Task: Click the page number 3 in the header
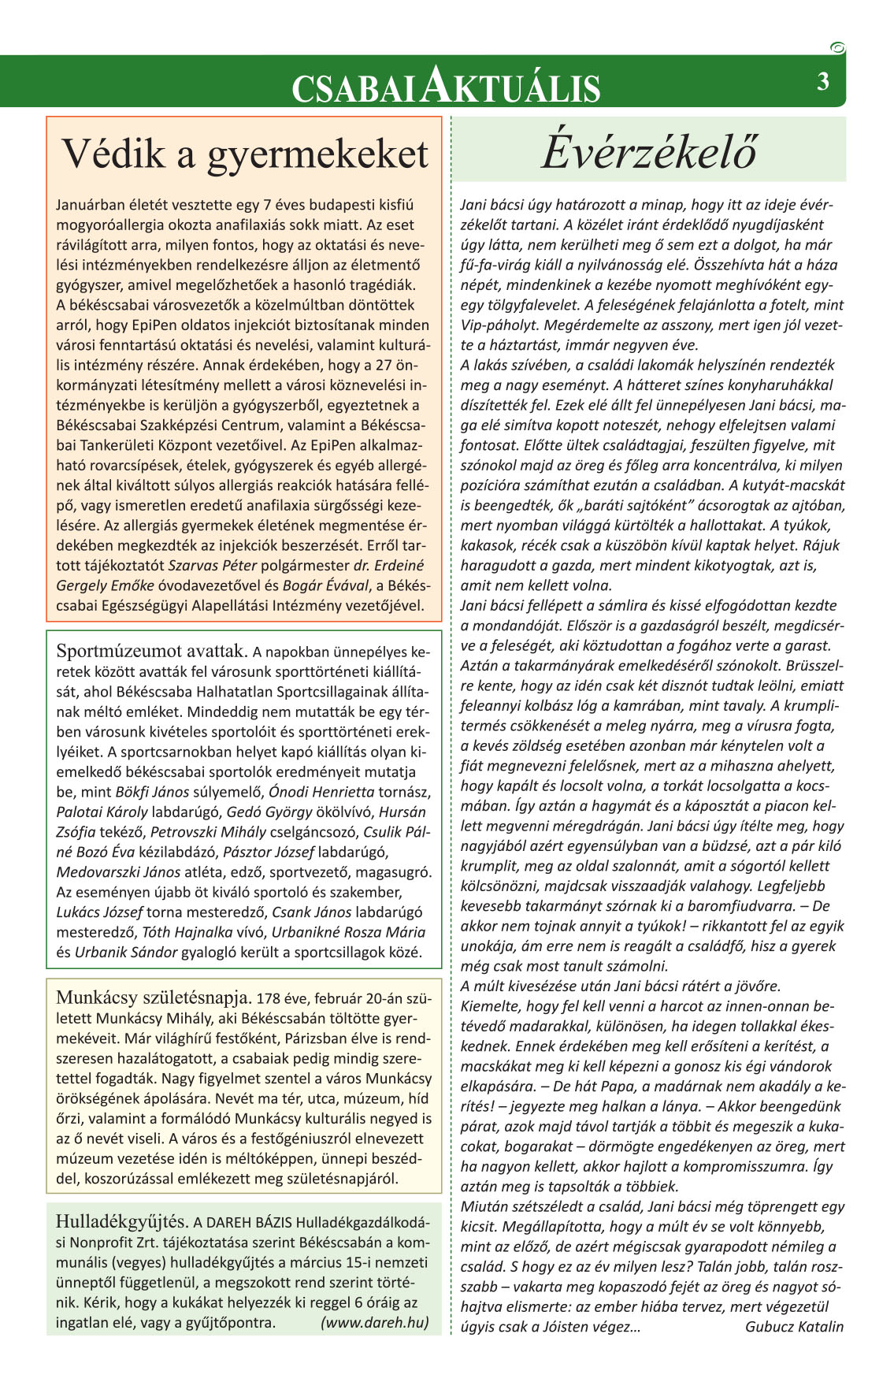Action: point(823,81)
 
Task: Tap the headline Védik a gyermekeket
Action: point(245,153)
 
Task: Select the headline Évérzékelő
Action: point(649,150)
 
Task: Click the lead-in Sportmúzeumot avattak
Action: point(152,652)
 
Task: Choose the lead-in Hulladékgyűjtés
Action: point(121,1221)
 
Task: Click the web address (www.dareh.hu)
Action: point(375,1322)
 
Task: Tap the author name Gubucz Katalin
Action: point(794,1326)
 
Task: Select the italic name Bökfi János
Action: point(152,792)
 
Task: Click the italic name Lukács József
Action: point(99,912)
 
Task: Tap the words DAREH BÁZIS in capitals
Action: point(249,1223)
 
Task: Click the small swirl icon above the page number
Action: point(837,48)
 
